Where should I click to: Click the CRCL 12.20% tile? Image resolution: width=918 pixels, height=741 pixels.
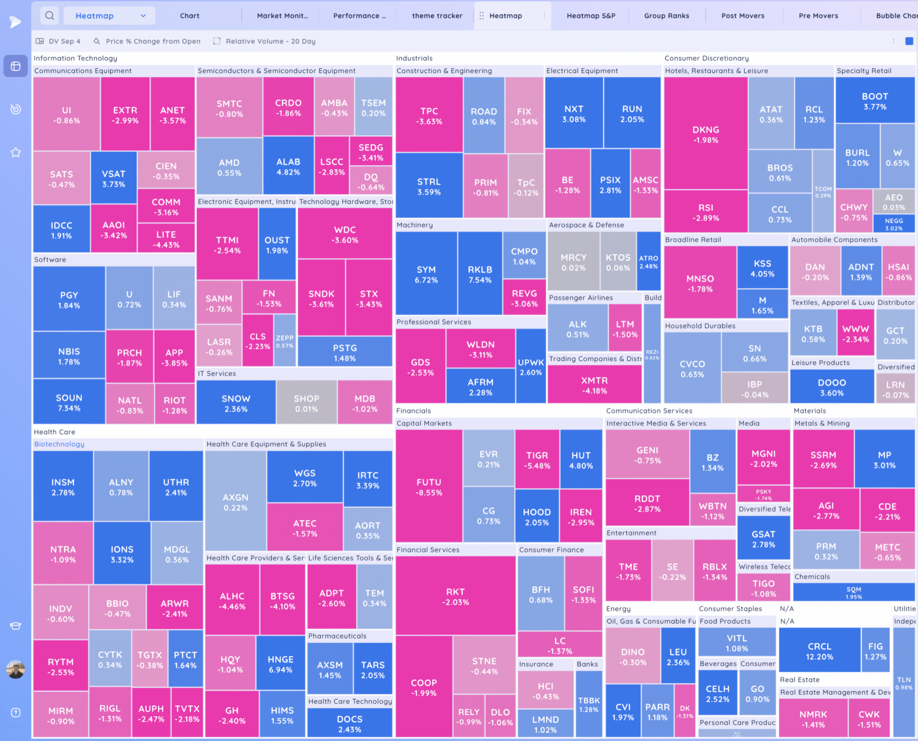819,651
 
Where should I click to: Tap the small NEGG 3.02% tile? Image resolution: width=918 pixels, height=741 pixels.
894,224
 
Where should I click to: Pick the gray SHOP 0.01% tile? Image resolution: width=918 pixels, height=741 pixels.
306,403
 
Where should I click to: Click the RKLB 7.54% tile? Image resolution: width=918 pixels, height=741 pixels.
479,275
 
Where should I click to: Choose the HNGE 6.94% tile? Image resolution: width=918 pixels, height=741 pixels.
280,664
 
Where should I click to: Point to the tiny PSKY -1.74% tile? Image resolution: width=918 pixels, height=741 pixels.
763,494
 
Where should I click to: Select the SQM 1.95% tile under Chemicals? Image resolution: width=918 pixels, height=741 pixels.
853,593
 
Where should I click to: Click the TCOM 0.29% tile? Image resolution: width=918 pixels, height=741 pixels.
823,192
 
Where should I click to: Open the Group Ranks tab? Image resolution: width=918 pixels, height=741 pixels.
666,16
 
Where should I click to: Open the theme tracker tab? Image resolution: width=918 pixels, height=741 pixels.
437,16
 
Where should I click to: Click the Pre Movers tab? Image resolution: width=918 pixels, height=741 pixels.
818,16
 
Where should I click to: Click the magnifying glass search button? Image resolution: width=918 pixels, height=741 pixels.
49,16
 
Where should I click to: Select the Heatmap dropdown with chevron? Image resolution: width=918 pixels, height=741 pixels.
110,16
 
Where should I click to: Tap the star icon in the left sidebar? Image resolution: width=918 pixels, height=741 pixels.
16,152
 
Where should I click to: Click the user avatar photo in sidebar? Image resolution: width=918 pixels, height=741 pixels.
16,669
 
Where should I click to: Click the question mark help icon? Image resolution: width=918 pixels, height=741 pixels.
16,712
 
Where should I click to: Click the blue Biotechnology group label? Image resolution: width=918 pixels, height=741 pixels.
60,444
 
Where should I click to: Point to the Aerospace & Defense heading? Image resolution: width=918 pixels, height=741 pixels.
586,225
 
